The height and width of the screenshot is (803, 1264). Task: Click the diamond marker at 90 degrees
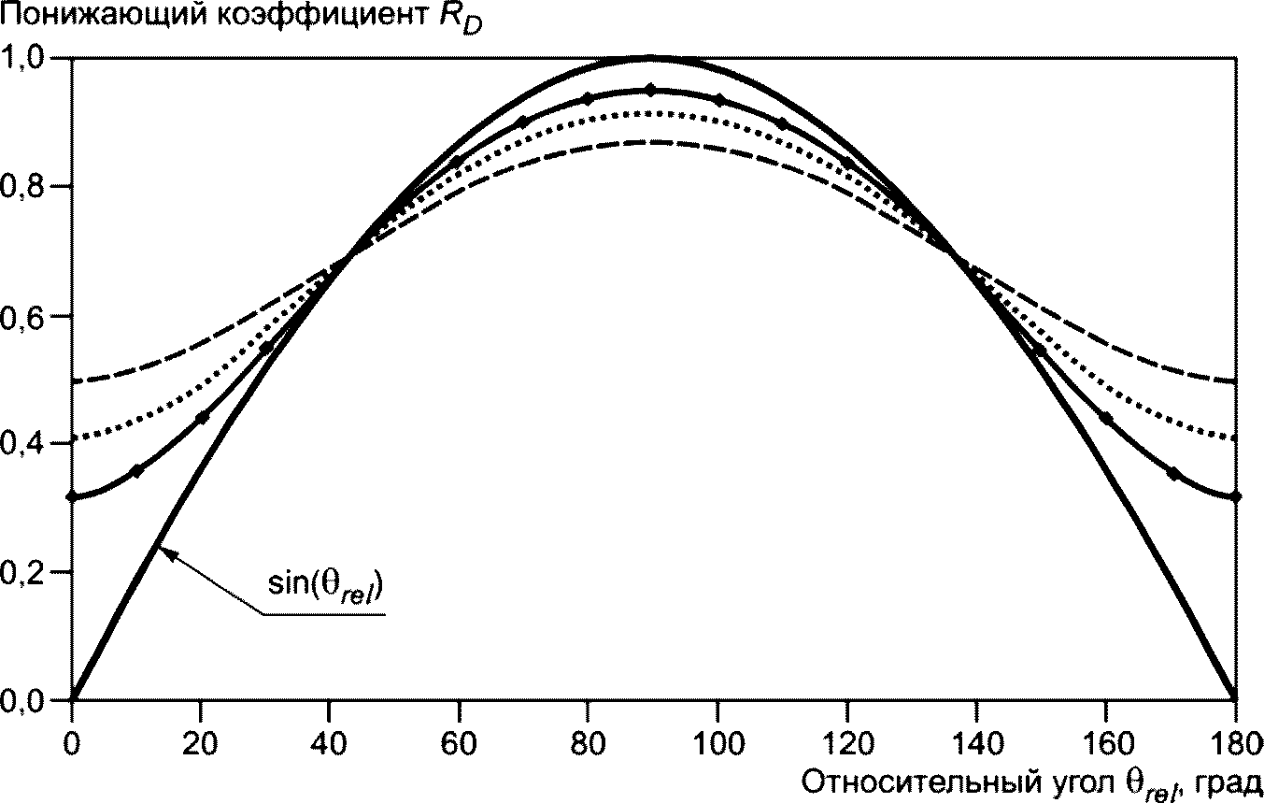652,90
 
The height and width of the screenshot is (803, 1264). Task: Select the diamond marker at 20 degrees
203,417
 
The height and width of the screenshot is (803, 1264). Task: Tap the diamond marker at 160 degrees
1107,418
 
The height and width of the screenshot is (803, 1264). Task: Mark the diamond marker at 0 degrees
72,496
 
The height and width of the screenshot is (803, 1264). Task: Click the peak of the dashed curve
652,142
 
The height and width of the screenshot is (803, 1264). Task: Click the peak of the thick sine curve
652,58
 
